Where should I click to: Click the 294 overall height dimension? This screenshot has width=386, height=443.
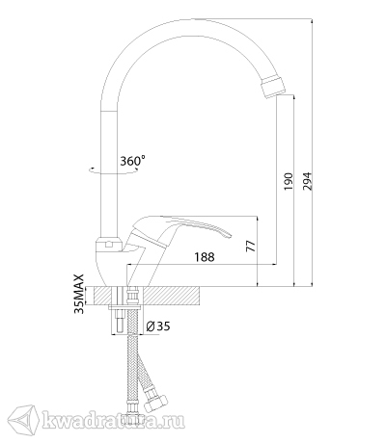tap(308, 181)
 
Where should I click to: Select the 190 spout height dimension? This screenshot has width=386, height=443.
tap(289, 181)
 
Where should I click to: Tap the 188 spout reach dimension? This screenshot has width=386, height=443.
tap(205, 257)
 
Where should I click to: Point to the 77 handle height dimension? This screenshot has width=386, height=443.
tap(251, 246)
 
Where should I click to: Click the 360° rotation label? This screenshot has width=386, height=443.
tap(132, 160)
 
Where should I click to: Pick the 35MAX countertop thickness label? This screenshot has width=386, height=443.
tap(79, 294)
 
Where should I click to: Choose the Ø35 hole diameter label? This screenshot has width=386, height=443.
tap(158, 326)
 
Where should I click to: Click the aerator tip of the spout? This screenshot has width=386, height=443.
tap(272, 85)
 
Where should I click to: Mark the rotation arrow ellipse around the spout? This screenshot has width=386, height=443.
tap(113, 172)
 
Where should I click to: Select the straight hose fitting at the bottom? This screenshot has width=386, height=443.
tap(132, 409)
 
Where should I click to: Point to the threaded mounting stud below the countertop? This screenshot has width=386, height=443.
tap(120, 322)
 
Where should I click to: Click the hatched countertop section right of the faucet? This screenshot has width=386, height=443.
tap(171, 296)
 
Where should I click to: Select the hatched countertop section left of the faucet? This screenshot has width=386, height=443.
tap(102, 296)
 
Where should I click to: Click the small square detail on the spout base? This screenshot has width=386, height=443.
tap(109, 245)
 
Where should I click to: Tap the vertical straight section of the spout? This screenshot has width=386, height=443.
tap(110, 173)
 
